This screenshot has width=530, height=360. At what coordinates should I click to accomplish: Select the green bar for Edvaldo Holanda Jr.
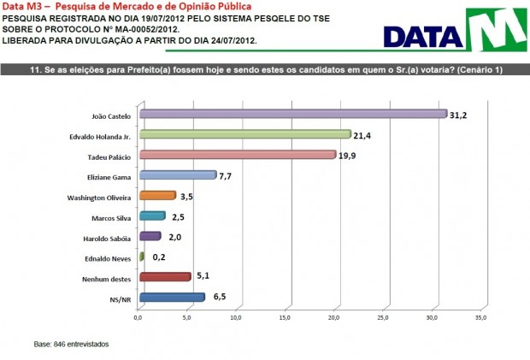coord(244,134)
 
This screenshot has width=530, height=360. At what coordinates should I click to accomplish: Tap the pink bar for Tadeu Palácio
coord(237,155)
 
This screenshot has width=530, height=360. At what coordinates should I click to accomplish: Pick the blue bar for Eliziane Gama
coord(177,175)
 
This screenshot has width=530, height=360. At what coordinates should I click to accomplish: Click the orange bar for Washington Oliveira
coord(156,196)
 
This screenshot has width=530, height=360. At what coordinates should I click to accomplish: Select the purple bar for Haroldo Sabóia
coord(149,236)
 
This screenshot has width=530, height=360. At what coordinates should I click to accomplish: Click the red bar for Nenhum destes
coord(164,277)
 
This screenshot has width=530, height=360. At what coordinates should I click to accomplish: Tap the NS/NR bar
coord(171,298)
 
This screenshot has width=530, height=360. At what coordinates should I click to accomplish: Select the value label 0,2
coord(158,257)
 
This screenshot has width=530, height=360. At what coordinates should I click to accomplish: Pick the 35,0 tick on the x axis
coord(481,317)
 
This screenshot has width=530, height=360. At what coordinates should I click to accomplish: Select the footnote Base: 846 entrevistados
coord(72,344)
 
